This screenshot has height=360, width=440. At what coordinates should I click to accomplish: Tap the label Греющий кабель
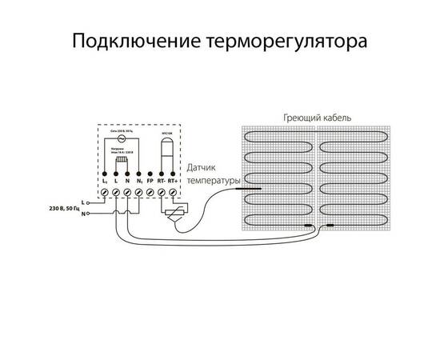pos(318,117)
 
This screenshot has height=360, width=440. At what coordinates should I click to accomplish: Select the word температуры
pos(214,181)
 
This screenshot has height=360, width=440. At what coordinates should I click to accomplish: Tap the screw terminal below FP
pos(150,193)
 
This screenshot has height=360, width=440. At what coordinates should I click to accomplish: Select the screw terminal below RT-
pos(162,193)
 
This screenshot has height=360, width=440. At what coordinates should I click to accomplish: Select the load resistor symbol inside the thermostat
pos(122,162)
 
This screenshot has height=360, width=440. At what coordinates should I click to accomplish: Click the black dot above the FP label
pos(150,174)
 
